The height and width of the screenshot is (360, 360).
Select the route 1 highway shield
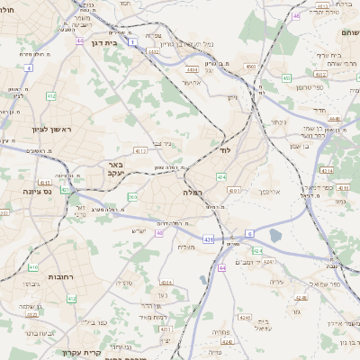[132, 41]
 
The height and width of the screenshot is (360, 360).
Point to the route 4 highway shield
[28, 67]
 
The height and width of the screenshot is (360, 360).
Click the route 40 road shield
[158, 233]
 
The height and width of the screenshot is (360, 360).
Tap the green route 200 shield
[132, 197]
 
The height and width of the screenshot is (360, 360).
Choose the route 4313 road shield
[140, 150]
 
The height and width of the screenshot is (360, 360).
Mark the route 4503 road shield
[250, 66]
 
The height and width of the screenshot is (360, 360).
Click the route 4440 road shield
[333, 118]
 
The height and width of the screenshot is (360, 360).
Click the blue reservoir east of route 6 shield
[274, 234]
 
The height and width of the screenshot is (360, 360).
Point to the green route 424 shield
[257, 250]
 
